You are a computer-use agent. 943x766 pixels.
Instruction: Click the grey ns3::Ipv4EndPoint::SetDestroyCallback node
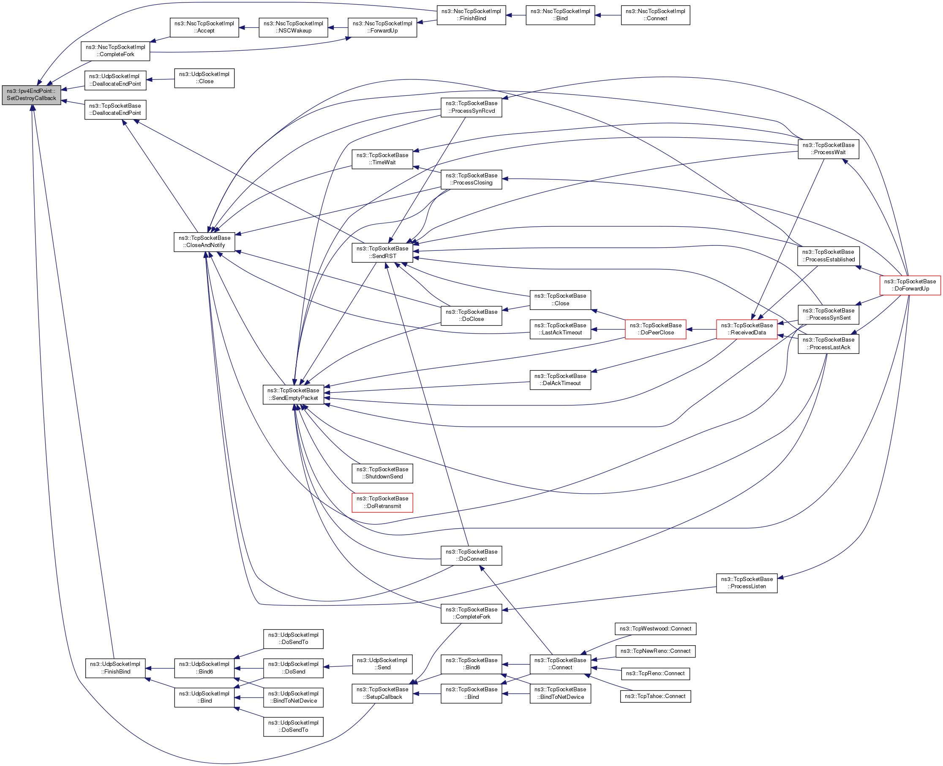(31, 95)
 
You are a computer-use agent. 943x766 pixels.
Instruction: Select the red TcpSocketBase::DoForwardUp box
(910, 285)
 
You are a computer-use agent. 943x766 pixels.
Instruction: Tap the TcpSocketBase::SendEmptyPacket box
(293, 394)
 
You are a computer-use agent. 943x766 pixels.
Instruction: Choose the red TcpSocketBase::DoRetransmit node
(382, 502)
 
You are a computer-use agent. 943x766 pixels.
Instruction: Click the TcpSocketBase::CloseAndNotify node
(204, 242)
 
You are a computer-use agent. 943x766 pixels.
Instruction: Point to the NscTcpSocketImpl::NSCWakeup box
(293, 27)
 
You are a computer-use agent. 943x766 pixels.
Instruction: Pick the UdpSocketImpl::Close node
(204, 78)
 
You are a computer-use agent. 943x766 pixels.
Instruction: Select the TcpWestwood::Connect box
(655, 628)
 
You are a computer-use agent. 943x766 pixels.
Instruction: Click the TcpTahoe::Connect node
(655, 696)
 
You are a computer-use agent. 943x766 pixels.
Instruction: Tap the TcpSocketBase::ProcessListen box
(747, 583)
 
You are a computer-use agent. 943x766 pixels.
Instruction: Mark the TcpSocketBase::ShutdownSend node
(382, 473)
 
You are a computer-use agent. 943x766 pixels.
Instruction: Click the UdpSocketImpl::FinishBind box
(115, 668)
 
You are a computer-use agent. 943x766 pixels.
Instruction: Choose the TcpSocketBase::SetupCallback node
(382, 693)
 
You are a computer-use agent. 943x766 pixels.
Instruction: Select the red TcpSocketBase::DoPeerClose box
(656, 329)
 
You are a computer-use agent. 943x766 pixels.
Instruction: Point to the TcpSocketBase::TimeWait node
(382, 159)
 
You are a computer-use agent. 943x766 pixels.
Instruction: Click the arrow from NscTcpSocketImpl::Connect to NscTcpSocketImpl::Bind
(608, 16)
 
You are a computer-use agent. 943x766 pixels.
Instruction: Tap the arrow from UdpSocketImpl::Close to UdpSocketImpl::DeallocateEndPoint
(160, 79)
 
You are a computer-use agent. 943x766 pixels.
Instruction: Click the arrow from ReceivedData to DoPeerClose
(701, 329)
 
